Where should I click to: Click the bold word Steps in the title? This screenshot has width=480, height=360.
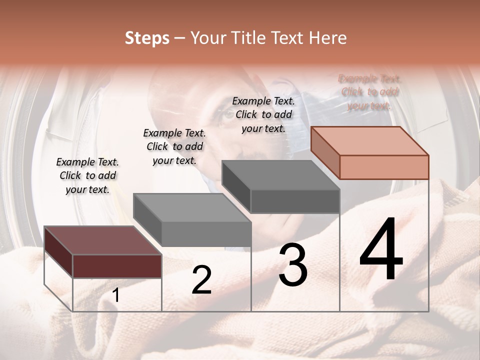(x=146, y=38)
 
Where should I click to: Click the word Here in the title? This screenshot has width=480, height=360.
(x=327, y=38)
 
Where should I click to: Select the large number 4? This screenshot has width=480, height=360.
(x=381, y=250)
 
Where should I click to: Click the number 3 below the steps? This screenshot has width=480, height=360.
(x=292, y=265)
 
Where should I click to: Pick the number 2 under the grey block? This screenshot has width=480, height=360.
(x=201, y=280)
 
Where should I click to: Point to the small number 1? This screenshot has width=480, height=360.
(x=116, y=295)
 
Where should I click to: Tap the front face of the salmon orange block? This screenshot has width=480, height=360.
(x=384, y=167)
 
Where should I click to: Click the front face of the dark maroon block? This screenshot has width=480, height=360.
(x=117, y=265)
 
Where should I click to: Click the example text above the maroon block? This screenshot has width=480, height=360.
(x=87, y=175)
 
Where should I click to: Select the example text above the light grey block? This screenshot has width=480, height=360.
(x=174, y=146)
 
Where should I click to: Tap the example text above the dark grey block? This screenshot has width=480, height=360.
(x=263, y=114)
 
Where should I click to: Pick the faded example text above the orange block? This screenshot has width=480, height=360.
(x=370, y=92)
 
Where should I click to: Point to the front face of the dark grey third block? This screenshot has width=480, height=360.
(x=295, y=201)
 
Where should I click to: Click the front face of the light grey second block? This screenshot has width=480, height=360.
(x=206, y=233)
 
